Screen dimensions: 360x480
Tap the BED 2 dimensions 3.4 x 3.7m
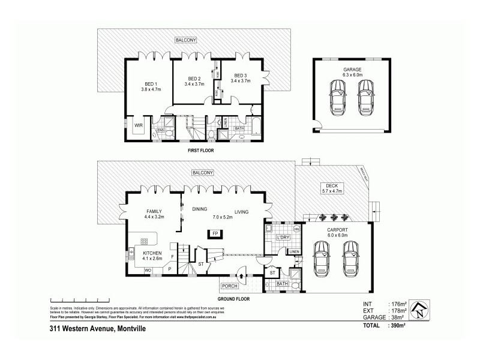(x=194, y=85)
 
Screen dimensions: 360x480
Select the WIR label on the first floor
(x=138, y=125)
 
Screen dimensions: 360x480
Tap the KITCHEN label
(x=152, y=253)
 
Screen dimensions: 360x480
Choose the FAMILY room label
(x=155, y=211)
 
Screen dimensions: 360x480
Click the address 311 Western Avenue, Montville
(x=97, y=329)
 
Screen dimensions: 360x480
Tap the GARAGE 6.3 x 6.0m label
(x=352, y=73)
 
